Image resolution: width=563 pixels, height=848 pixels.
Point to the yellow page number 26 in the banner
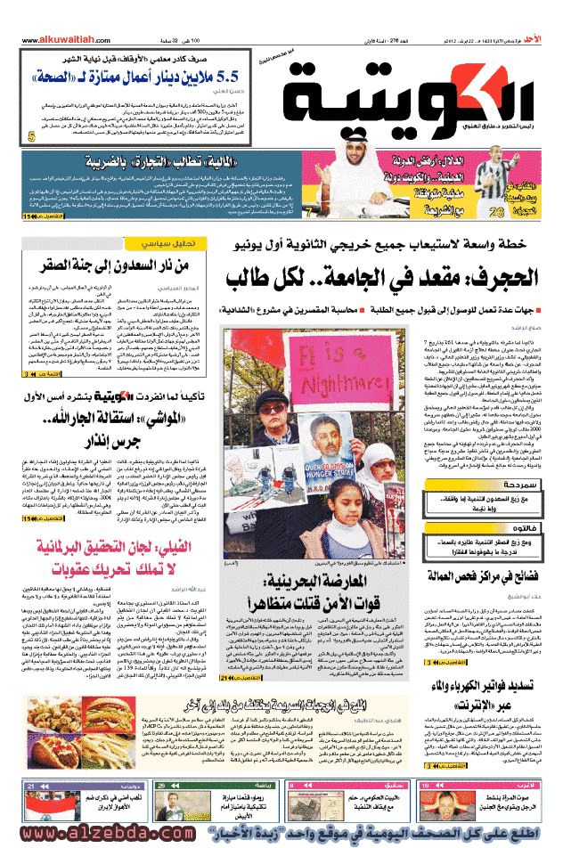pos(495,212)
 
